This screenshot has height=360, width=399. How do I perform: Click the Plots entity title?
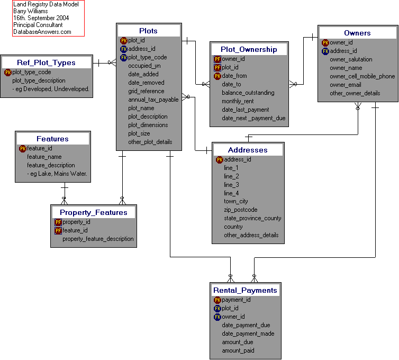[148, 31]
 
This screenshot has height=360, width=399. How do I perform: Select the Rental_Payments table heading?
[245, 290]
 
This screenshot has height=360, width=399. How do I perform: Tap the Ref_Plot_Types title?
[46, 62]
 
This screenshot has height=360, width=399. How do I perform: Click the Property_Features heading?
[93, 212]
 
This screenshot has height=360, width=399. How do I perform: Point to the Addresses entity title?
[248, 150]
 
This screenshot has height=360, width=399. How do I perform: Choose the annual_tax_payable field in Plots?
[153, 100]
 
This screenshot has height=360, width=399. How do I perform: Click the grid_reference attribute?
[146, 91]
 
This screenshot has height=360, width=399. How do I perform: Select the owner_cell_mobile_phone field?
[362, 76]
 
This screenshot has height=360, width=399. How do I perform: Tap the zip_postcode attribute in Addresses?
[240, 210]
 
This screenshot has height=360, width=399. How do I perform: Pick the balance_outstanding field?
[248, 93]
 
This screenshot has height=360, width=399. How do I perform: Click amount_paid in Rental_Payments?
[238, 350]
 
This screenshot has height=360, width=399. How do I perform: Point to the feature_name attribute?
[44, 157]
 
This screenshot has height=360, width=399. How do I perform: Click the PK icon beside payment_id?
[217, 300]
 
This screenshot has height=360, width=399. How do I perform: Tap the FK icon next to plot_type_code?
[124, 57]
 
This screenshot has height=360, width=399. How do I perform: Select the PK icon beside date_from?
[217, 76]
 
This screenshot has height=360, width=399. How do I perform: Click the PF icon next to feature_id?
[58, 230]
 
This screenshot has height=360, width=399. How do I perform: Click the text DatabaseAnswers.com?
[42, 32]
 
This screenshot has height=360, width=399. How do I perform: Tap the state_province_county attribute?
[252, 218]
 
